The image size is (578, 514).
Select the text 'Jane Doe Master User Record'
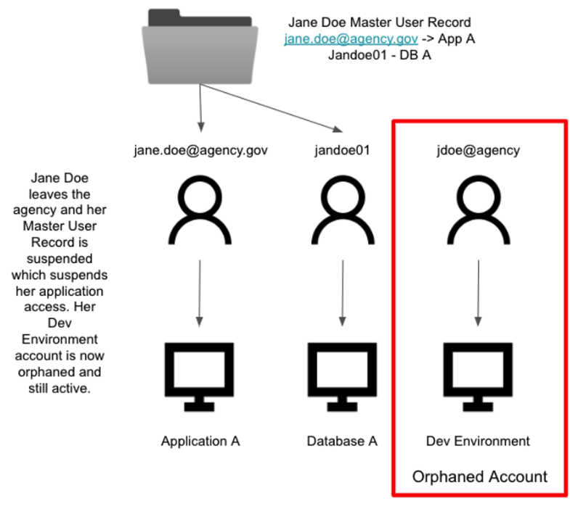(x=379, y=22)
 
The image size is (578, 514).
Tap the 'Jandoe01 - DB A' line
(x=379, y=55)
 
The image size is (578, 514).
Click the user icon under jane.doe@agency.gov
(x=200, y=210)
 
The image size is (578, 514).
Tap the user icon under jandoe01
(x=341, y=210)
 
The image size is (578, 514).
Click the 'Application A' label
(x=200, y=441)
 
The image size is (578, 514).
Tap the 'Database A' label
(x=341, y=441)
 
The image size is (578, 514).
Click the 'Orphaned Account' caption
(x=479, y=476)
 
